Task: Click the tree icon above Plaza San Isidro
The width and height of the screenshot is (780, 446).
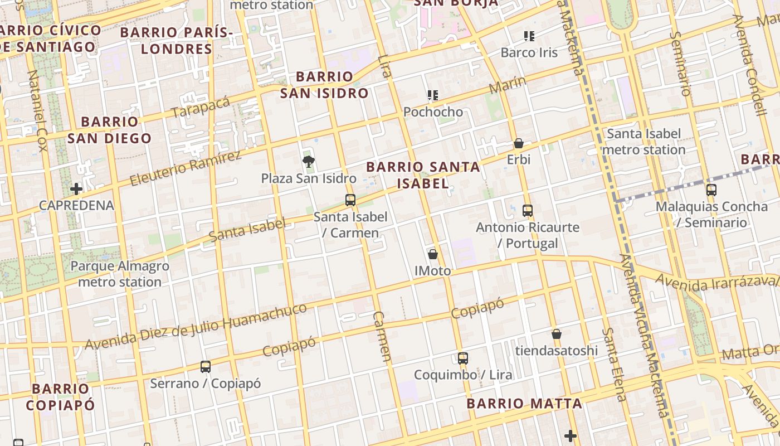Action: pyautogui.click(x=308, y=162)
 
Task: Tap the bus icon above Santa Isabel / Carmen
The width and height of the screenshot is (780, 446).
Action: pyautogui.click(x=350, y=200)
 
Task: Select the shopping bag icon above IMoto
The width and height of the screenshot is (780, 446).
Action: pyautogui.click(x=433, y=254)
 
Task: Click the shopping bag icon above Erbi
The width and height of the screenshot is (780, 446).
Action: pyautogui.click(x=519, y=143)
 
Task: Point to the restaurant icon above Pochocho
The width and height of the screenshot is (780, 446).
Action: pyautogui.click(x=433, y=95)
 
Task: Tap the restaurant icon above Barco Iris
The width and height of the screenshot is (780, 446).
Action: pyautogui.click(x=529, y=36)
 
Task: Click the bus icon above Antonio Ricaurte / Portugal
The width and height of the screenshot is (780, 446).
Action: pyautogui.click(x=528, y=211)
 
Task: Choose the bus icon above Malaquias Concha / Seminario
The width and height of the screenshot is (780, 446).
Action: pyautogui.click(x=711, y=190)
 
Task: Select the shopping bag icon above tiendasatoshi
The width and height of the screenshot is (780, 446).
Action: pyautogui.click(x=556, y=334)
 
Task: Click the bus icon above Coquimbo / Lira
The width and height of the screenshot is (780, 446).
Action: pyautogui.click(x=462, y=358)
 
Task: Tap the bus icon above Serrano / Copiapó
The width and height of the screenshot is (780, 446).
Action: pyautogui.click(x=206, y=367)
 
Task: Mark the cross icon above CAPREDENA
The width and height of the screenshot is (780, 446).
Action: pyautogui.click(x=76, y=188)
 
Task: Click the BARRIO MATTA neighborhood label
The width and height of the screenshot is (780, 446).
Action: pyautogui.click(x=524, y=403)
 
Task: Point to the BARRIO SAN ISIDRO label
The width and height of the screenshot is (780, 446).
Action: pyautogui.click(x=324, y=85)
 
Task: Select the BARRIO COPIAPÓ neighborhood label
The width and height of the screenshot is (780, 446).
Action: pyautogui.click(x=60, y=396)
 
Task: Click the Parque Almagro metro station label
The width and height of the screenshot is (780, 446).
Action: pyautogui.click(x=120, y=274)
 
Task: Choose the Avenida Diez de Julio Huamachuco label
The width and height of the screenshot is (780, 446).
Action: pyautogui.click(x=196, y=326)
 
